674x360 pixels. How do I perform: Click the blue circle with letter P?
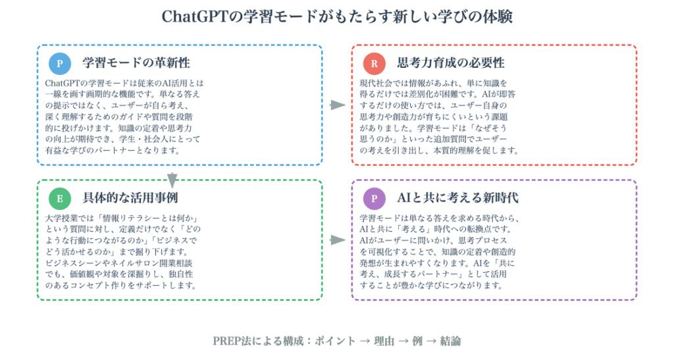[60, 64]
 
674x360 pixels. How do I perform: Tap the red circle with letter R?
[375, 64]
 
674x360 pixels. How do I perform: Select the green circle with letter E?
[60, 199]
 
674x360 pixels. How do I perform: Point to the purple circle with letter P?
[375, 199]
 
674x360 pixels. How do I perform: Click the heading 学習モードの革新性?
[136, 63]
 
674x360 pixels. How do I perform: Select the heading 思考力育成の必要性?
[451, 63]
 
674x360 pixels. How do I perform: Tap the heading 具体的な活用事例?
[130, 198]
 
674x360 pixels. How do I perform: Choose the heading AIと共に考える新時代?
[458, 198]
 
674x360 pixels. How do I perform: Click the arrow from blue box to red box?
[338, 105]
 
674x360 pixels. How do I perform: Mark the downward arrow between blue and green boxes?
[172, 180]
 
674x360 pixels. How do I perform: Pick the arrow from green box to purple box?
[338, 240]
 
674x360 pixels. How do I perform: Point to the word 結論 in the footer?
[450, 341]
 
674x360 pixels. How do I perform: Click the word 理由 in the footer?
[384, 341]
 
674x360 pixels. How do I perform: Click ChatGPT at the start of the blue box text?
[63, 83]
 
